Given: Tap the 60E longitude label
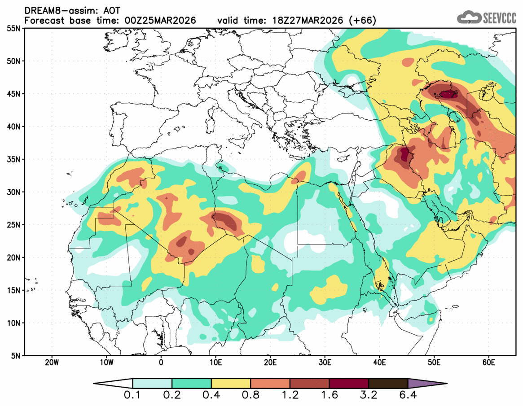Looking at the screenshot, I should pyautogui.click(x=488, y=362).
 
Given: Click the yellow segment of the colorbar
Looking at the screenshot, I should pyautogui.click(x=231, y=384).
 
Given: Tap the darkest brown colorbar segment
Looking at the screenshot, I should pyautogui.click(x=388, y=384).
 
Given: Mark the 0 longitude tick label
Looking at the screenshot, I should pyautogui.click(x=161, y=362).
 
